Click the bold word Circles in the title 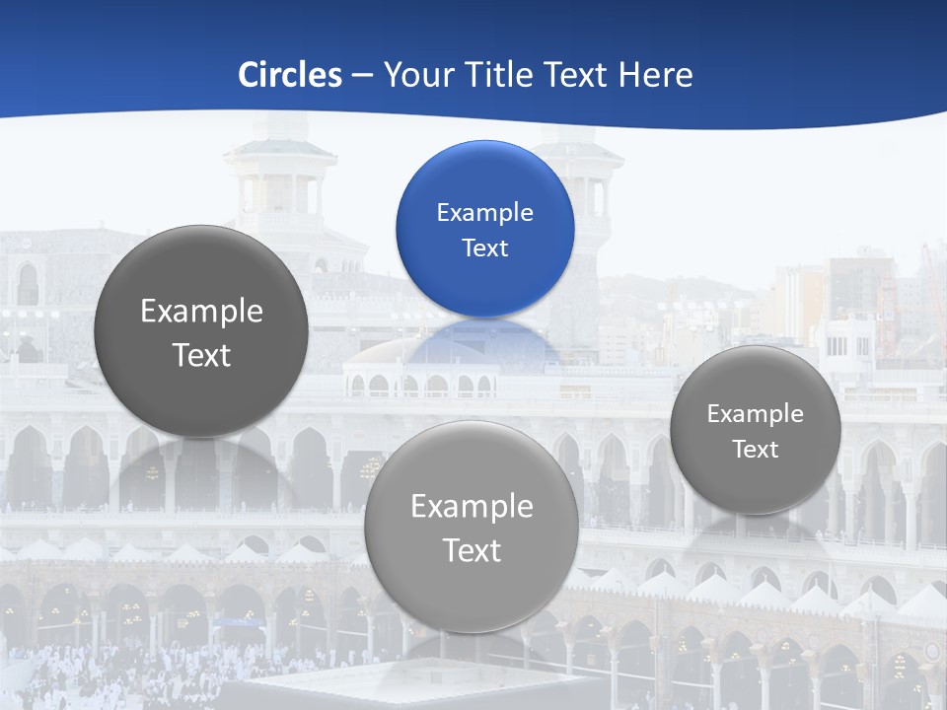(289, 75)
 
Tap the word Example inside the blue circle (484, 213)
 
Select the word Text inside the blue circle (484, 248)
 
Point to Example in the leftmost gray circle (201, 312)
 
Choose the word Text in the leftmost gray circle (201, 355)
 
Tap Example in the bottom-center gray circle (472, 507)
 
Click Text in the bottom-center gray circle (472, 550)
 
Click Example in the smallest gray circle (756, 414)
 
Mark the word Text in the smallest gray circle (756, 450)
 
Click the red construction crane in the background (933, 286)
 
